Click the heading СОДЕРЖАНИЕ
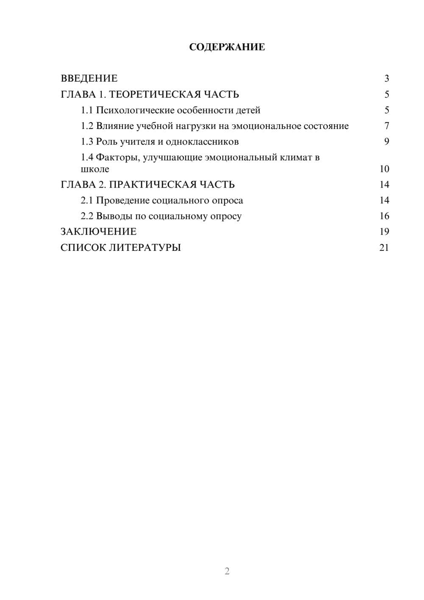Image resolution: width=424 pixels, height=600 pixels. tap(227, 47)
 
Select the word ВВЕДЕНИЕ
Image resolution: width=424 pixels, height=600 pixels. tap(89, 79)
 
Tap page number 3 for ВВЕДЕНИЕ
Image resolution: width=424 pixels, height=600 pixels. tap(387, 79)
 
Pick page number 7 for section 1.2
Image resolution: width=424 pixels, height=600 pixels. tap(387, 126)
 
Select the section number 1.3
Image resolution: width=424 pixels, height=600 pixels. tap(87, 142)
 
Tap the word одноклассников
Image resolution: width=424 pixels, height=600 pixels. tap(202, 142)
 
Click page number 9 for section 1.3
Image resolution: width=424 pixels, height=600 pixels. tap(387, 142)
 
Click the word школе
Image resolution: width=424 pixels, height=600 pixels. tap(95, 169)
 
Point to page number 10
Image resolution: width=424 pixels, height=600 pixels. tap(384, 169)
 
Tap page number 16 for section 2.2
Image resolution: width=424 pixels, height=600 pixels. tap(384, 216)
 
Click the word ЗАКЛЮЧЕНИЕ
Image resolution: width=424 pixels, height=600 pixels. tap(99, 232)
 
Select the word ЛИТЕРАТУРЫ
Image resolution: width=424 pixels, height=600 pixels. tap(145, 247)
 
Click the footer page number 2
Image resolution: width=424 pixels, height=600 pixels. tap(227, 571)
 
